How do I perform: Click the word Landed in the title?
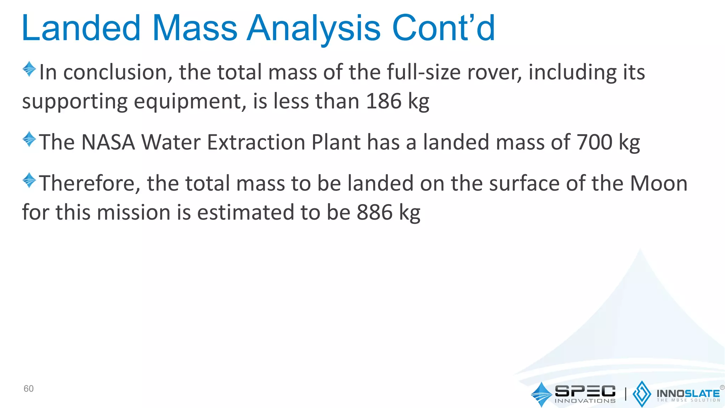(x=81, y=28)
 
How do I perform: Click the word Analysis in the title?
(x=314, y=28)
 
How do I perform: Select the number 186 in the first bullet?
(x=384, y=101)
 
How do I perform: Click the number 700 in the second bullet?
(x=594, y=142)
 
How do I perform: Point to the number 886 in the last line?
(x=375, y=212)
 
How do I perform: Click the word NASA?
(x=108, y=142)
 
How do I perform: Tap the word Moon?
(x=659, y=183)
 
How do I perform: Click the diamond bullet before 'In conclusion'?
(x=29, y=69)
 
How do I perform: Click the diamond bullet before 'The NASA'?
(x=29, y=139)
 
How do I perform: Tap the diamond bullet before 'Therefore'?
(x=29, y=180)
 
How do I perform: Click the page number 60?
(x=28, y=389)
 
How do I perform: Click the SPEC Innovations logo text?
(x=585, y=393)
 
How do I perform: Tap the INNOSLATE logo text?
(x=688, y=393)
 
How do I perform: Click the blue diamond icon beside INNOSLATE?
(x=641, y=394)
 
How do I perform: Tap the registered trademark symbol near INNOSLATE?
(x=722, y=387)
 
